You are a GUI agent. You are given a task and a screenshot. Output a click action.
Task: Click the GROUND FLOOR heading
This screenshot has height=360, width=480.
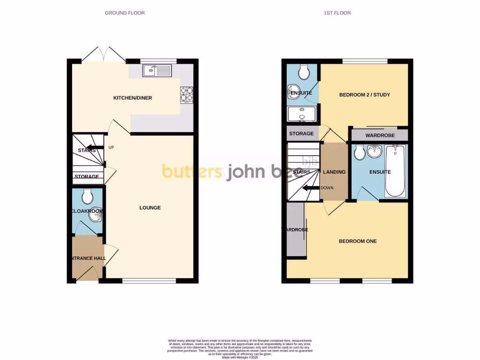click(x=125, y=13)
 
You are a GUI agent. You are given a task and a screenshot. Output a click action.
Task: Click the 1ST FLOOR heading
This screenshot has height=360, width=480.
click(x=337, y=13)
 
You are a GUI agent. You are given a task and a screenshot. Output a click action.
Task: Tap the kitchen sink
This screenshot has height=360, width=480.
click(x=157, y=71)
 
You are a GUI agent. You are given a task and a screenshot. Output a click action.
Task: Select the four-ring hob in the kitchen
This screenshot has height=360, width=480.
click(x=187, y=95)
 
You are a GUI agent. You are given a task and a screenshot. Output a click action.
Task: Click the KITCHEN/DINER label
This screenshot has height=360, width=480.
click(x=133, y=98)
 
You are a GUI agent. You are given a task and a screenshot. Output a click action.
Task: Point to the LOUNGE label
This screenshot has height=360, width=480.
click(x=150, y=208)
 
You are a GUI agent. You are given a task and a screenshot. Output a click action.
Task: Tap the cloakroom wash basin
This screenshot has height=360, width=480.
click(x=96, y=211)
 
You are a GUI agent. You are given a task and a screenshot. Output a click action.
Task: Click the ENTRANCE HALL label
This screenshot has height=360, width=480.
click(x=88, y=258)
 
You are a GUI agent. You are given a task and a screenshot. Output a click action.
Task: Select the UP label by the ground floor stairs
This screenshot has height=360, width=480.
click(x=111, y=148)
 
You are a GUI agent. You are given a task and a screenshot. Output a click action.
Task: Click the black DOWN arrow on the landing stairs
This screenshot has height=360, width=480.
click(x=310, y=188)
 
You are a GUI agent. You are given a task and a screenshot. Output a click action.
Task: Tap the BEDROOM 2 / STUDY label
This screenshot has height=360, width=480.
click(x=365, y=95)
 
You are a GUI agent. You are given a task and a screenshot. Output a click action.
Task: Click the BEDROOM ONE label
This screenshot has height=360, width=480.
click(x=358, y=241)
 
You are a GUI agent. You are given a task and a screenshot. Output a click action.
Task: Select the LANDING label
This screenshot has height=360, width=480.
click(x=334, y=172)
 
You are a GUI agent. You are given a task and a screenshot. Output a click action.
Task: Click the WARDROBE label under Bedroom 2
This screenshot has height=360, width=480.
click(x=380, y=135)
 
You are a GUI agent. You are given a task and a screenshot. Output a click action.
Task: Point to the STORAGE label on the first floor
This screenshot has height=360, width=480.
click(x=301, y=134)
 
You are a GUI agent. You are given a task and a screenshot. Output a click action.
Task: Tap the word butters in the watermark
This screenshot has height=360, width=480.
click(x=192, y=172)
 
